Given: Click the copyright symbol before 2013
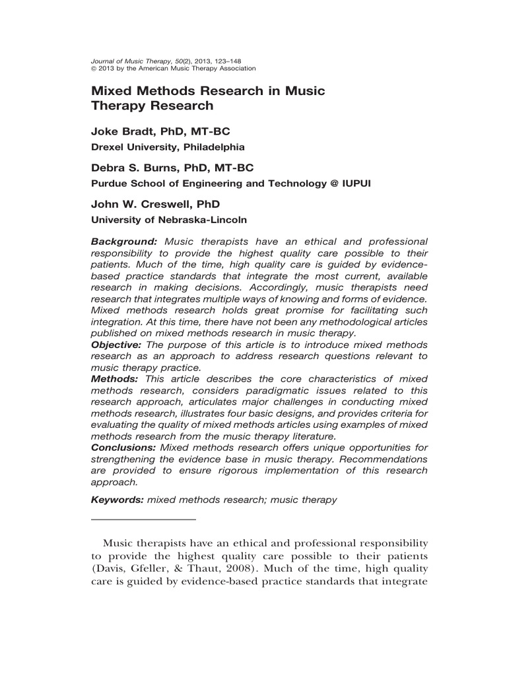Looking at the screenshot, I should pyautogui.click(x=93, y=68).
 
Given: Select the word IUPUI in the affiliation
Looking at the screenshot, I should pyautogui.click(x=355, y=184).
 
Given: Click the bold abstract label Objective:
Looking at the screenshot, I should pyautogui.click(x=117, y=345).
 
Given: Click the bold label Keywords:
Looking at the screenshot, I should pyautogui.click(x=118, y=500).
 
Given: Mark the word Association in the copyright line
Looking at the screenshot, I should pyautogui.click(x=232, y=68).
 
